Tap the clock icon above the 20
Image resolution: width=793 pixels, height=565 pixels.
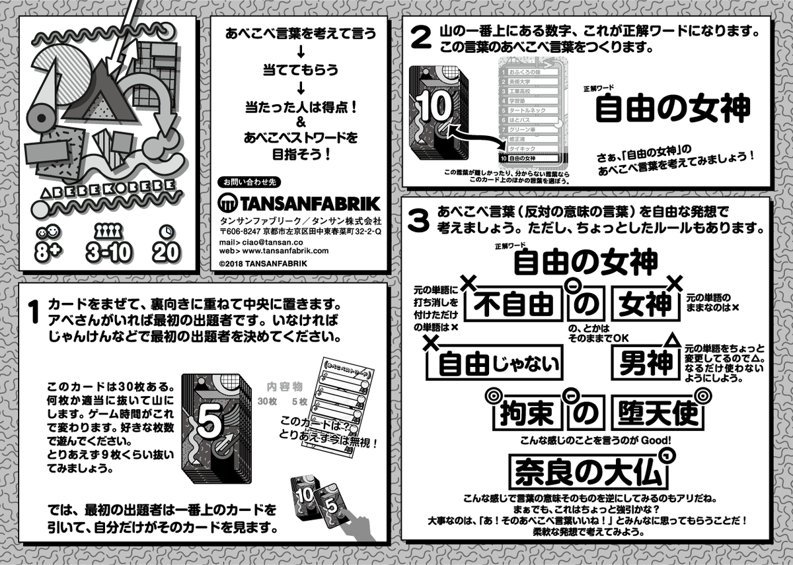click(x=165, y=232)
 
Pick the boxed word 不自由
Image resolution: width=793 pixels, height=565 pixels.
click(x=513, y=305)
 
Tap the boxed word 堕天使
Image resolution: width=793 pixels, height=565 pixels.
click(x=654, y=413)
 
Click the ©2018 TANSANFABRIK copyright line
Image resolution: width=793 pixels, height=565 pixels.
click(x=262, y=263)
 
